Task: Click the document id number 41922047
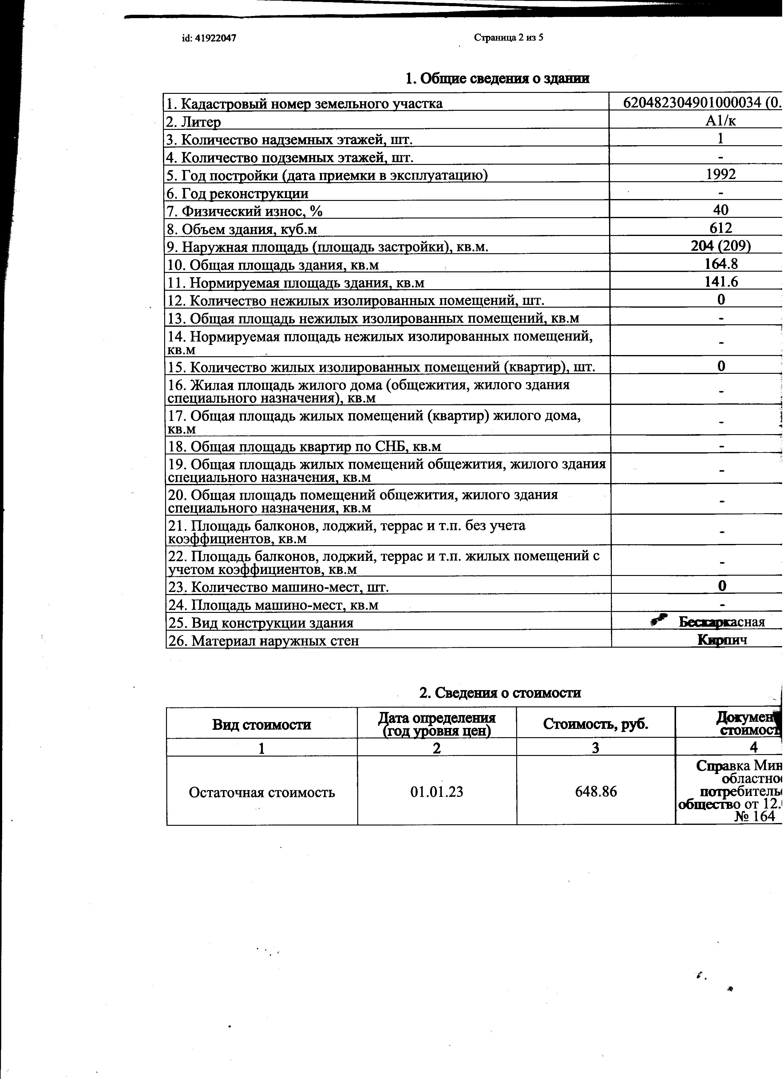(x=209, y=38)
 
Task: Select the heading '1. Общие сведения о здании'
(x=497, y=78)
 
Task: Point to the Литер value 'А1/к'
(x=721, y=121)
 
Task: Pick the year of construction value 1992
(x=721, y=174)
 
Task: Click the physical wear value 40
(x=721, y=210)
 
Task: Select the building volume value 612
(x=721, y=228)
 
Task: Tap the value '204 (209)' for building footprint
(x=721, y=246)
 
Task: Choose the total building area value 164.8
(x=721, y=264)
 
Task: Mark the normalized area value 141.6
(x=721, y=282)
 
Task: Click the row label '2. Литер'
(x=193, y=122)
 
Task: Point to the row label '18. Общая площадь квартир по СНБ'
(x=304, y=446)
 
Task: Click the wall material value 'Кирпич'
(x=722, y=640)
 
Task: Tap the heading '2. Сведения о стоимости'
(x=500, y=693)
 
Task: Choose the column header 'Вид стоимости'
(x=262, y=725)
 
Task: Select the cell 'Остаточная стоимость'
(x=262, y=793)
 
